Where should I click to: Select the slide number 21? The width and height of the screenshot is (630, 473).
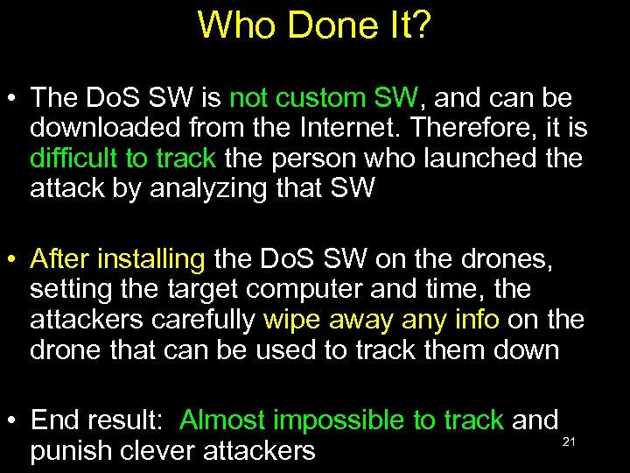(x=569, y=441)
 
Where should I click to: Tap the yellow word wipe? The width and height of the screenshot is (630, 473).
(x=293, y=319)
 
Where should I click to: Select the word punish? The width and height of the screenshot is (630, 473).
(x=73, y=451)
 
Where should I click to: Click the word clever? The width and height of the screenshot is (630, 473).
(x=160, y=450)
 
